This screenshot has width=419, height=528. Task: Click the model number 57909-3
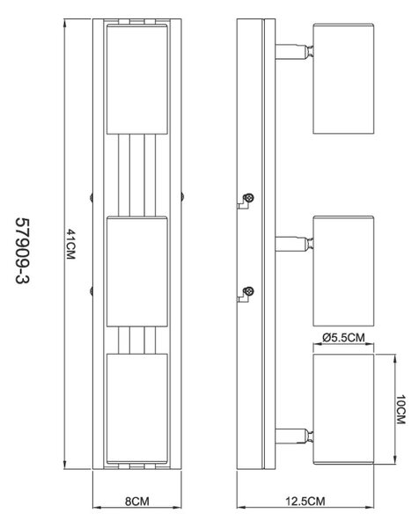pos(23,251)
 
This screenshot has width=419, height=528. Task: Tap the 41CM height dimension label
pos(70,244)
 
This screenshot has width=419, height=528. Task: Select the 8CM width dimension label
pos(137,501)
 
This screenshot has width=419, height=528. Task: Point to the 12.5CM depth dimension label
pos(305,501)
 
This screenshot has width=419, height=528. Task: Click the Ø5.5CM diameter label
pos(343,337)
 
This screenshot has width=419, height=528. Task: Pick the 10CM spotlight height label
pos(401,409)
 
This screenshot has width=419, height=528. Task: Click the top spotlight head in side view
pos(343,78)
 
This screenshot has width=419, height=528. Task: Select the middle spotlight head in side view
pos(343,271)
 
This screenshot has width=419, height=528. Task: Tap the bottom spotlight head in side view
pos(343,409)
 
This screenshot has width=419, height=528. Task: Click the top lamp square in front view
pos(137,79)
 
